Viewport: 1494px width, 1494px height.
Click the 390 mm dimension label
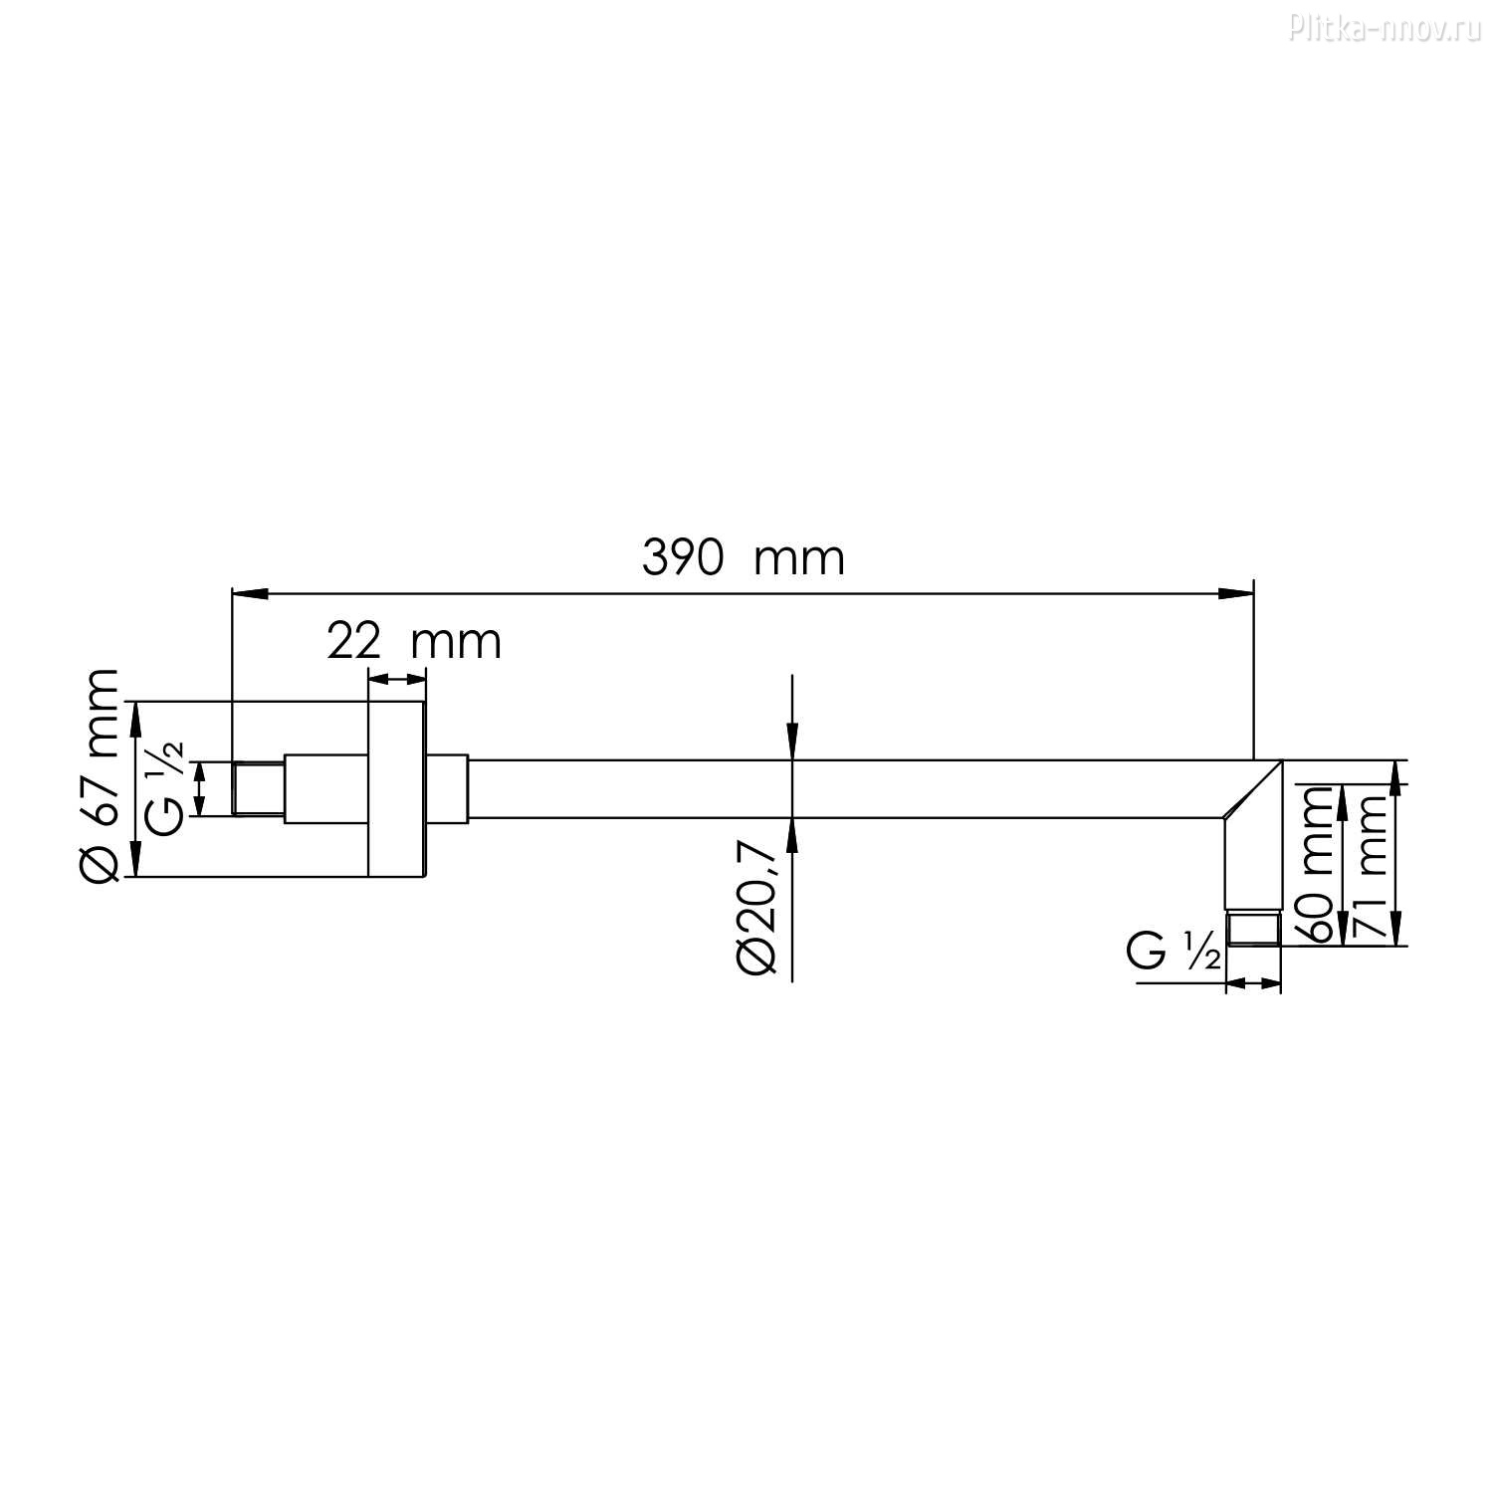pos(743,558)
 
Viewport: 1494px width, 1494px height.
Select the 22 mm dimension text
pos(414,643)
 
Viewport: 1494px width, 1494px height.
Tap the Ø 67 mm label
pos(100,774)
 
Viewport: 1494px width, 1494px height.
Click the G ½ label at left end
pos(164,788)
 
